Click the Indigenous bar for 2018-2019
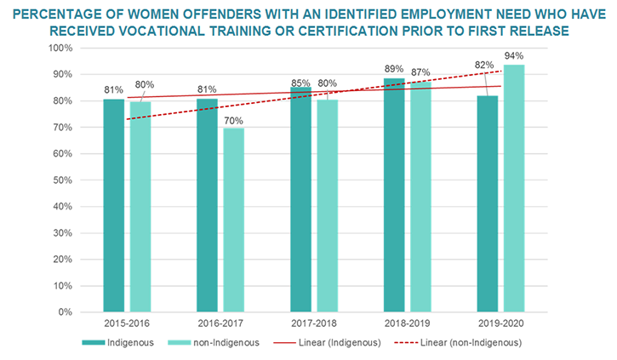(x=394, y=195)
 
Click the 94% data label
(x=514, y=57)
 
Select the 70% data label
(x=234, y=120)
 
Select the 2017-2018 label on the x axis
(x=314, y=325)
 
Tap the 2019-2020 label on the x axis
(x=500, y=325)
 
